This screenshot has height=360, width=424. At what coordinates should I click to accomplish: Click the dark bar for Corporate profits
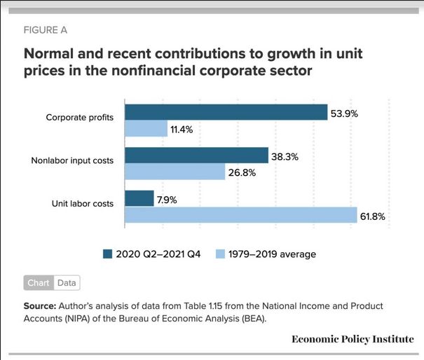coord(226,113)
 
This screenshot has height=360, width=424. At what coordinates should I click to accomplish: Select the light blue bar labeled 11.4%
coord(146,129)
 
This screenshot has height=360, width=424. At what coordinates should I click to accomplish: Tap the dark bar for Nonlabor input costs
coord(196,155)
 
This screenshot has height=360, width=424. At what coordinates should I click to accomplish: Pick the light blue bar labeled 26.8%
coord(175,172)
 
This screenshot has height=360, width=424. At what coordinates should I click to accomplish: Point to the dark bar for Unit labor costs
coord(139,199)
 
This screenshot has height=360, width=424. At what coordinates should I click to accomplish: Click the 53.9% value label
coord(345,113)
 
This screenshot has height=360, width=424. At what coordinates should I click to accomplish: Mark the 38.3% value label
coord(285,156)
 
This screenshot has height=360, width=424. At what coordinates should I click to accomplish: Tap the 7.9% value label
coord(167,200)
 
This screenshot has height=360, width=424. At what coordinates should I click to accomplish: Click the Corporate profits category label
coord(80,117)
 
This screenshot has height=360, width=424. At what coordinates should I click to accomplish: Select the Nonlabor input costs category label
coord(72,160)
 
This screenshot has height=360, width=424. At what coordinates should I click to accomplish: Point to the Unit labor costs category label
coord(82,204)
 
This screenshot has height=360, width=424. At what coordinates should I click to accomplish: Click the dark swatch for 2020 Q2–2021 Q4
coord(107,254)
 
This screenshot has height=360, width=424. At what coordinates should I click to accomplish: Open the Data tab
coord(67,283)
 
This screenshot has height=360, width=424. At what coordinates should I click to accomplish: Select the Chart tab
coord(39,283)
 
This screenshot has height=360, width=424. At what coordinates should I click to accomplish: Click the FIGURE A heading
coord(47,30)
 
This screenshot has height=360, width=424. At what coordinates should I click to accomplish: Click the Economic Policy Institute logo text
coord(353,339)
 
